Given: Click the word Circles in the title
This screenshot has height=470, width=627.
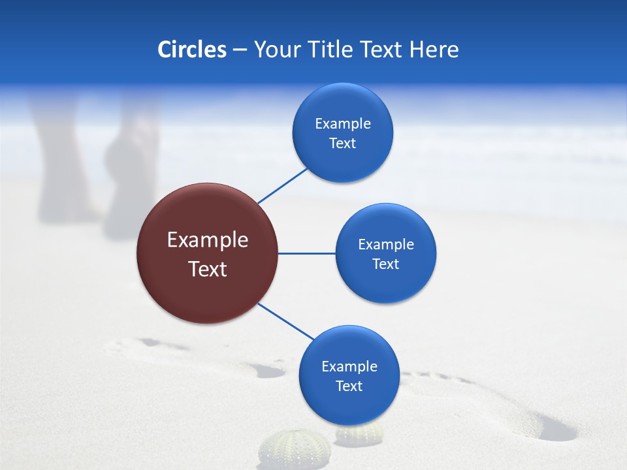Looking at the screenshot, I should [192, 50].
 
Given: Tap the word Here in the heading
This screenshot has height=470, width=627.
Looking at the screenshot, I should [434, 50].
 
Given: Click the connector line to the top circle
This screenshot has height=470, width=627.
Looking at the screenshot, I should [283, 185].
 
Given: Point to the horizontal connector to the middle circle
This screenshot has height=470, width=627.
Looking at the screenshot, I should [306, 253].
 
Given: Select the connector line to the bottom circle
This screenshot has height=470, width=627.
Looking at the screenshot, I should [285, 321].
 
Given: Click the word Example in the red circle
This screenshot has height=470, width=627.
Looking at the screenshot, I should [208, 240].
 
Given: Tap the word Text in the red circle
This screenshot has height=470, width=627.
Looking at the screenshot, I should [208, 269].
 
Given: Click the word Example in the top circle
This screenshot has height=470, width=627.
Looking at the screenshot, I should [343, 124].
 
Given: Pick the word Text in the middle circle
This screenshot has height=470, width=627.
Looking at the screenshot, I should [385, 264].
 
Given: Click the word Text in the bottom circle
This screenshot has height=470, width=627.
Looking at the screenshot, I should [349, 386].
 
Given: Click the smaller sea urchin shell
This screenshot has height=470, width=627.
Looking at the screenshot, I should [359, 433].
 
